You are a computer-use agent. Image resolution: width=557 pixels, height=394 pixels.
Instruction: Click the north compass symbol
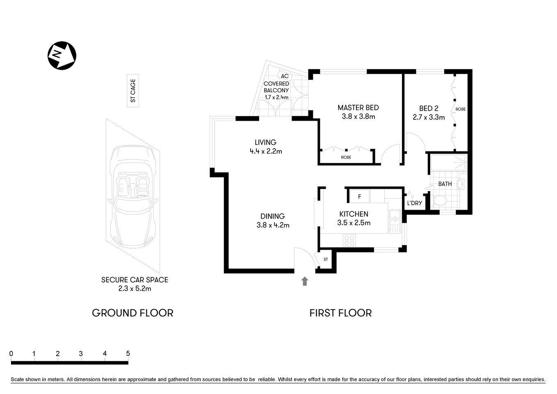[x=62, y=55]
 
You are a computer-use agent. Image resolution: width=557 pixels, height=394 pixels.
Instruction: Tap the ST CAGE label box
[x=132, y=91]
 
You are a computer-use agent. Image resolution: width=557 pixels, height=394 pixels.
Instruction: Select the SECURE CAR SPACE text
[x=135, y=280]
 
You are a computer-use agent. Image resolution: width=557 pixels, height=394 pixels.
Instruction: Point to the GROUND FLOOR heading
[x=132, y=313]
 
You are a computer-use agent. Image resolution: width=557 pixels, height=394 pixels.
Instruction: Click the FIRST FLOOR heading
[x=340, y=313]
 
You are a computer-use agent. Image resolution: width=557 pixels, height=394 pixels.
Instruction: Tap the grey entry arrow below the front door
[x=305, y=281]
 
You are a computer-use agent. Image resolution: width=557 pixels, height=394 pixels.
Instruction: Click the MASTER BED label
[x=358, y=108]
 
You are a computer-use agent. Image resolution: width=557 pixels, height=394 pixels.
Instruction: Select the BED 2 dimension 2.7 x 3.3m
[x=429, y=117]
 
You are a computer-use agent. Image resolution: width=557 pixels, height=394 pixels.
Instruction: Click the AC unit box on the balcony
[x=285, y=76]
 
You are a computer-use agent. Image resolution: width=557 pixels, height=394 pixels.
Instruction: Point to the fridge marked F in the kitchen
[x=359, y=197]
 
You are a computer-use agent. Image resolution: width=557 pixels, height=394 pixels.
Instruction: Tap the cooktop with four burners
[x=349, y=240]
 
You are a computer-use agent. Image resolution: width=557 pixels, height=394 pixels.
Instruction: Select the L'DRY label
[x=414, y=203]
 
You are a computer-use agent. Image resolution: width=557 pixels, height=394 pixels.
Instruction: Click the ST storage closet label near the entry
[x=326, y=259]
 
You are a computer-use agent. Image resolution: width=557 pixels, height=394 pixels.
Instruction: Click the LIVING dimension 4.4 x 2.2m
[x=266, y=151]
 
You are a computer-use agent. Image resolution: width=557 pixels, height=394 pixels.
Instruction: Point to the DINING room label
[x=273, y=216]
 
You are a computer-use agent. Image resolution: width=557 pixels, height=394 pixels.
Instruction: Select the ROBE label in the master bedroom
[x=346, y=157]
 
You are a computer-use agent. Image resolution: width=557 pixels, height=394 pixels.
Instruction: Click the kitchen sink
[x=395, y=218]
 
